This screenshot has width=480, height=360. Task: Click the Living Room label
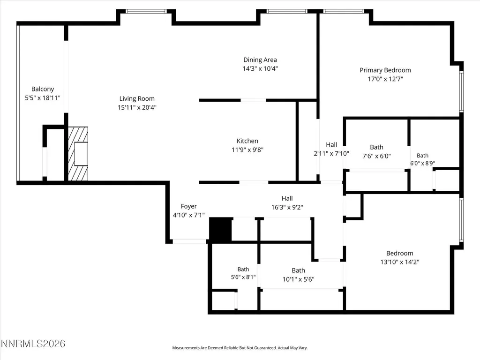coord(137,98)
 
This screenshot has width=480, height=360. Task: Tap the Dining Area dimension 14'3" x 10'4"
coord(260,68)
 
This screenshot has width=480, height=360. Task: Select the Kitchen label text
coord(247,141)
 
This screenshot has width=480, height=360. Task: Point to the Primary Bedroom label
coord(385,70)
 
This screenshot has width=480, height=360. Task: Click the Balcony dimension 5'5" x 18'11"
coord(43,98)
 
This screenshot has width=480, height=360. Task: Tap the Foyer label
coord(188,206)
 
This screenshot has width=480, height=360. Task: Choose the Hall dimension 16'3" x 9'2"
coord(287,207)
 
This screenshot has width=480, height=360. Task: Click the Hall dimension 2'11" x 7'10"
coord(331,153)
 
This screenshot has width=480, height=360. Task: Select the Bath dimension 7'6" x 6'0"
coord(376,156)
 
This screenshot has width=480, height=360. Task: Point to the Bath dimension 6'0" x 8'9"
coord(422,164)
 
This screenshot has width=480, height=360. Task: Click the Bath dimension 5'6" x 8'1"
coord(243,277)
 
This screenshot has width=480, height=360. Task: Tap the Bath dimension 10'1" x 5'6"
coord(299,279)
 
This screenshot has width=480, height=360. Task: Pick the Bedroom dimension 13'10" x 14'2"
coord(400,262)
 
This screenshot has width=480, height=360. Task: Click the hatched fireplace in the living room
coord(78,154)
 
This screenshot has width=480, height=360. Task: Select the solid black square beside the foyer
coord(220,229)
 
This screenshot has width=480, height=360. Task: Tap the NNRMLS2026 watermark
coord(33,344)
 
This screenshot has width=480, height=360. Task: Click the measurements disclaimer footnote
coord(240,348)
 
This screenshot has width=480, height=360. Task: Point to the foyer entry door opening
coord(189,241)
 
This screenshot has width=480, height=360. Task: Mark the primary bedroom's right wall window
coord(461,91)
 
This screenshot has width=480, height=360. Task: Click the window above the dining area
coord(287,11)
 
